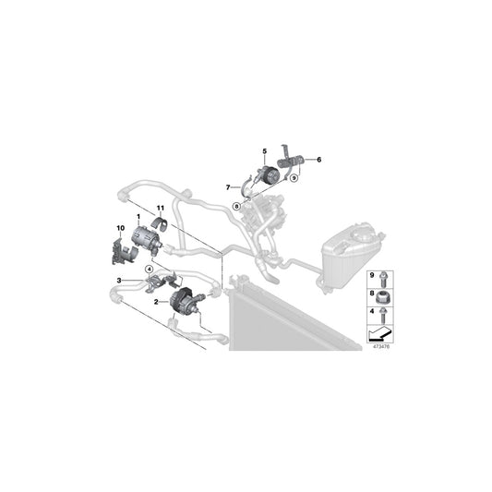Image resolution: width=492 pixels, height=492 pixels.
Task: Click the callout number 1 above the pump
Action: click(x=138, y=217)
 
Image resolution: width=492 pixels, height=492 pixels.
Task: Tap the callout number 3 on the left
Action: click(x=119, y=280)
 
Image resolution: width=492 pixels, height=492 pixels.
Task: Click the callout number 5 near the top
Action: click(x=263, y=150)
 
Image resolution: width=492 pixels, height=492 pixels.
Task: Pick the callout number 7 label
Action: click(x=227, y=187)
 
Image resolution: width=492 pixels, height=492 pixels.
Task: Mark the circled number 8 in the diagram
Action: click(x=237, y=206)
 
